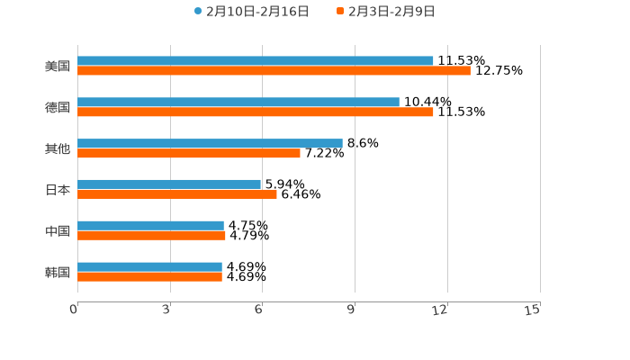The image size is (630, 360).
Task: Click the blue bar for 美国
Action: [x=256, y=61]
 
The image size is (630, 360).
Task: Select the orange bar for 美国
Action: [x=274, y=71]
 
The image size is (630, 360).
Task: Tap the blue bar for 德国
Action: [x=238, y=103]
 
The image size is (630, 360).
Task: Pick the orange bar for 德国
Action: [x=256, y=112]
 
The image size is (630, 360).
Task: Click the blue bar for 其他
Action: [x=210, y=143]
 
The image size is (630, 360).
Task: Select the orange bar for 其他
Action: [x=189, y=154]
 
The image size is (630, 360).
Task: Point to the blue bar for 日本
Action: [x=169, y=184]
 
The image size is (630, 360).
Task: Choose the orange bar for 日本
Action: [x=177, y=194]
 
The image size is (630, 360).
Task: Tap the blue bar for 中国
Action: [x=150, y=226]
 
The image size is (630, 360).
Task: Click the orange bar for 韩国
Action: [x=149, y=277]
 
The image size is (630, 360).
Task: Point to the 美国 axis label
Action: [x=58, y=67]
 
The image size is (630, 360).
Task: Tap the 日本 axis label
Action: [x=58, y=190]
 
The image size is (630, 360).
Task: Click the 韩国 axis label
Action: [x=58, y=272]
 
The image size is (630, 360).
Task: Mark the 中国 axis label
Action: [x=58, y=231]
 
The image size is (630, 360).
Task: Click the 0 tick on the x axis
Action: [x=75, y=310]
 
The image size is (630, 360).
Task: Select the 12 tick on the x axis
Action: [x=441, y=310]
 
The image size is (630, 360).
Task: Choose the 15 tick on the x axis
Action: [x=533, y=310]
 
